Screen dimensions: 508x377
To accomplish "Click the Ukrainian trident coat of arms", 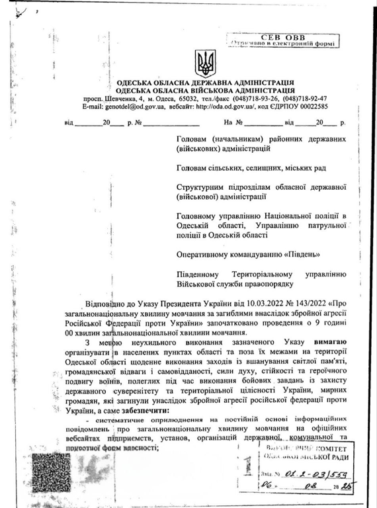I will [x=205, y=63].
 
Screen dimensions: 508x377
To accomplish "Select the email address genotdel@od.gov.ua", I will [x=128, y=106].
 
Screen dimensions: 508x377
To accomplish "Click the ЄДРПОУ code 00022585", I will [x=310, y=106].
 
